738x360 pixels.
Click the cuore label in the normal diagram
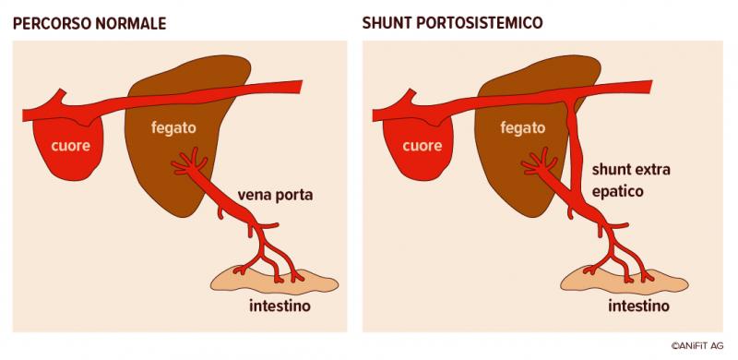pos(71,146)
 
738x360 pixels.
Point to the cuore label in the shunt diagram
pos(423,146)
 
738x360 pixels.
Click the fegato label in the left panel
pos(173,127)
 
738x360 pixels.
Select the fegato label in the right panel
pos(523,127)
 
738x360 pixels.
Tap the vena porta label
pos(275,195)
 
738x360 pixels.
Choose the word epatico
pos(617,192)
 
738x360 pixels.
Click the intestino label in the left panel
pos(280,306)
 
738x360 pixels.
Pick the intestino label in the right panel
pos(638,306)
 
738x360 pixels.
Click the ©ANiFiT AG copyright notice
pos(697,345)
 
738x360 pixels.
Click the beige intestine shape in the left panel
pos(274,281)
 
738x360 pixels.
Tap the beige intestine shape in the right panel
pos(625,281)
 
